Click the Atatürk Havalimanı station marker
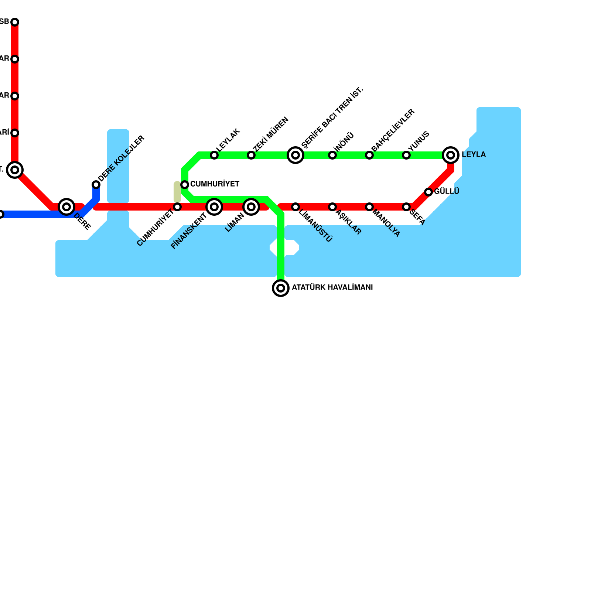point(281,288)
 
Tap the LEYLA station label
point(474,155)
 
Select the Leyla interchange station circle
point(451,155)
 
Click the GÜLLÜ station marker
point(428,192)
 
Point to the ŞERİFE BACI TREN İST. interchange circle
point(295,155)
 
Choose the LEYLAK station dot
point(214,155)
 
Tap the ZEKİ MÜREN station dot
point(251,155)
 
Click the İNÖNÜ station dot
point(332,155)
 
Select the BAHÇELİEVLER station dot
point(369,155)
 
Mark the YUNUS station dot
point(406,155)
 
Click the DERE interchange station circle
point(66,207)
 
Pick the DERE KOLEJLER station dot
point(96,185)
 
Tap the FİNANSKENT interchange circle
point(214,207)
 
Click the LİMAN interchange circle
point(251,207)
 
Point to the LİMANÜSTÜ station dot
point(295,207)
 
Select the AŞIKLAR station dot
point(332,207)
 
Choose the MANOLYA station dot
point(369,207)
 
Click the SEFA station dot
point(406,207)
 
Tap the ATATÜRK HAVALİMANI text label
point(332,288)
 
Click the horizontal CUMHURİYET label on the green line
point(215,184)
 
